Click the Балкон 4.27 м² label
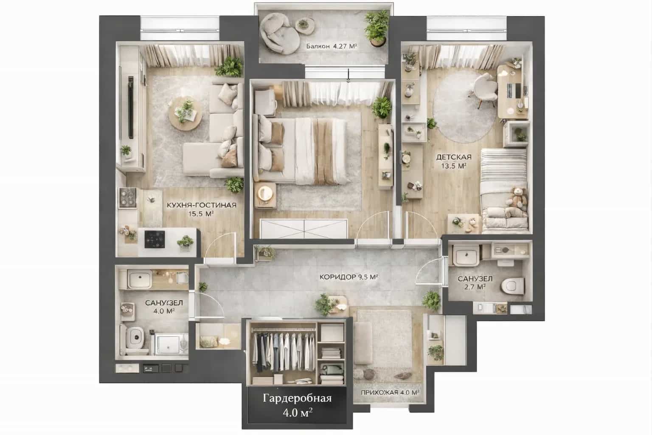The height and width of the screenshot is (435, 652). pos(331,46)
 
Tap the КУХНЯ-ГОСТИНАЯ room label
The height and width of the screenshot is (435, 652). pos(202,205)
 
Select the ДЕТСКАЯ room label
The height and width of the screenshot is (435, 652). pos(453,157)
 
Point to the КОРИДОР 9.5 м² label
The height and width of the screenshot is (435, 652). pos(348,277)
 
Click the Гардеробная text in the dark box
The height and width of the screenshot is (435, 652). pos(297,398)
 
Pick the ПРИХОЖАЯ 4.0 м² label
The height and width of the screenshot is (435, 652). pos(390,393)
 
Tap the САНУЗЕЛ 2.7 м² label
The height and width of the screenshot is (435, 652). pos(475,283)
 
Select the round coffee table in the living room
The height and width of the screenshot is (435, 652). pos(185,113)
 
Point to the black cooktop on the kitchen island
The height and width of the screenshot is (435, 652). pos(155,240)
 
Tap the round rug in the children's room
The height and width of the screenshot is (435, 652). pos(464,107)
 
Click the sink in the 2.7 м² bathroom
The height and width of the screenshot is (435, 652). pos(467,255)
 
